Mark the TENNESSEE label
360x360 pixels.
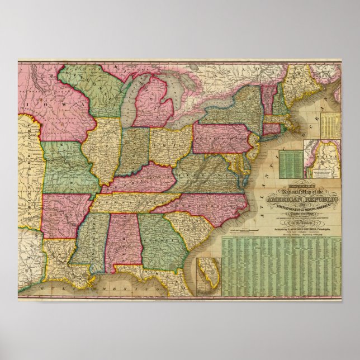coord(134,203)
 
